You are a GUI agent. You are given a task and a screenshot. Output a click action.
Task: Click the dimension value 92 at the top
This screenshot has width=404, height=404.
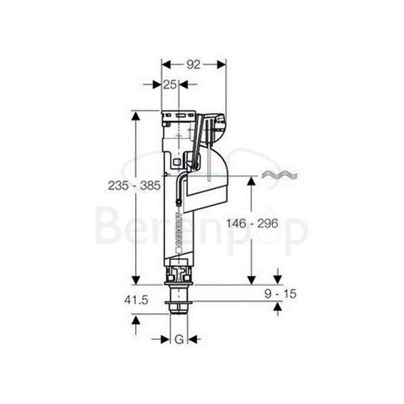[193, 65]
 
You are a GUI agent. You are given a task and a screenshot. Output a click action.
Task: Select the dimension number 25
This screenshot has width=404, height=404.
[170, 85]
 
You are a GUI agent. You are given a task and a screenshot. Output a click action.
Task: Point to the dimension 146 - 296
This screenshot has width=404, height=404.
[250, 223]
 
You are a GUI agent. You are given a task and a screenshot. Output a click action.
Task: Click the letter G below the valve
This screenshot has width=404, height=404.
[178, 340]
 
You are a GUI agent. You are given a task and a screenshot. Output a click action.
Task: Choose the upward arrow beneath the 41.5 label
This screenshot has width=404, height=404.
[136, 320]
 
